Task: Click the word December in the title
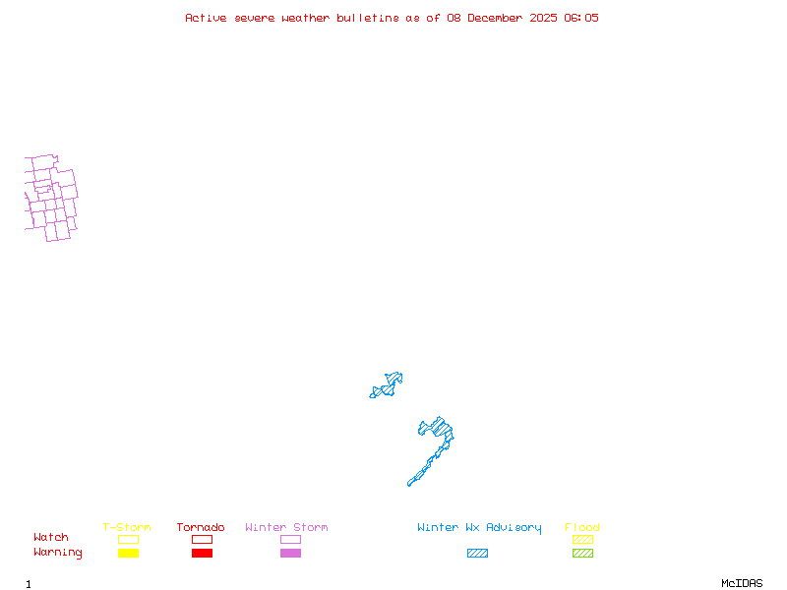pyautogui.click(x=498, y=18)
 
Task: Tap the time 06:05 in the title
pyautogui.click(x=580, y=18)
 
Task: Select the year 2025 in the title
pyautogui.click(x=543, y=18)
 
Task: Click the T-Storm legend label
pyautogui.click(x=127, y=528)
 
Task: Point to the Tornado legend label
pyautogui.click(x=201, y=528)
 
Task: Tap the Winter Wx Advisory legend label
pyautogui.click(x=479, y=528)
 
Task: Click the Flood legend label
pyautogui.click(x=582, y=528)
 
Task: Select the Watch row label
pyautogui.click(x=51, y=538)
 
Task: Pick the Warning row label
pyautogui.click(x=58, y=553)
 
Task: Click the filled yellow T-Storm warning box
pyautogui.click(x=128, y=554)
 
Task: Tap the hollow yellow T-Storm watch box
pyautogui.click(x=128, y=539)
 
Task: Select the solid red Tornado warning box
pyautogui.click(x=202, y=554)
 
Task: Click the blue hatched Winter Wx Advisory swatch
pyautogui.click(x=477, y=554)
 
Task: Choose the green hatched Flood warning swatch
pyautogui.click(x=582, y=554)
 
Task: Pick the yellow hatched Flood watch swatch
pyautogui.click(x=582, y=539)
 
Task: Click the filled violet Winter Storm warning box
pyautogui.click(x=290, y=554)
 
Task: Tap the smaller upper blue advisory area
pyautogui.click(x=388, y=385)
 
